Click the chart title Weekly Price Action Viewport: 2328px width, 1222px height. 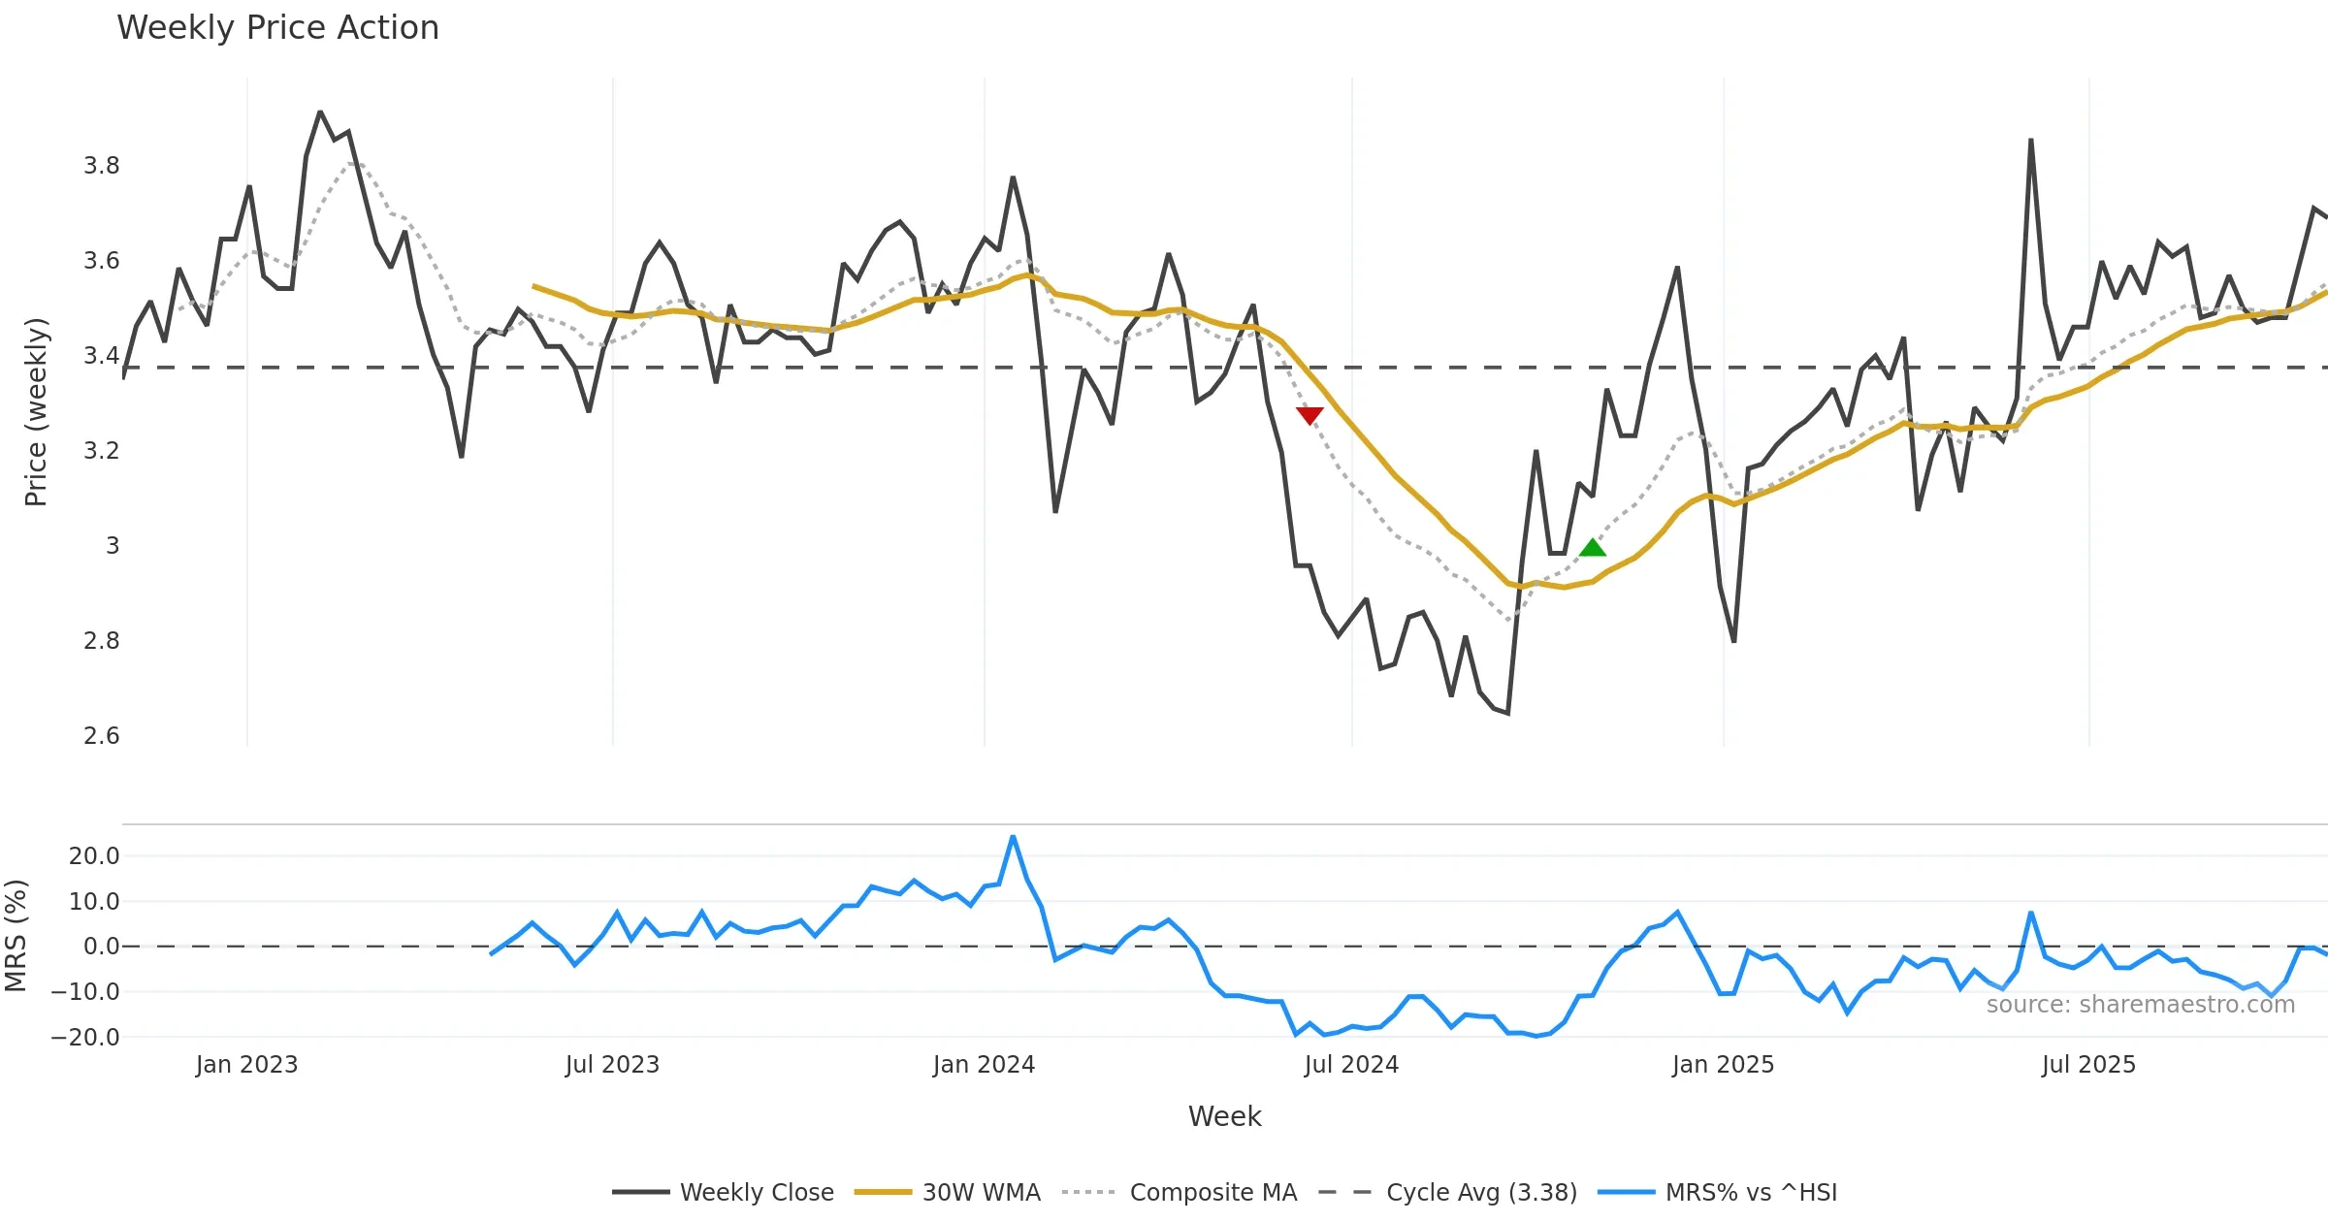pyautogui.click(x=277, y=28)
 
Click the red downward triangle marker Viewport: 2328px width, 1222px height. pyautogui.click(x=1309, y=415)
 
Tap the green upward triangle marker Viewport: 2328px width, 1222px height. pyautogui.click(x=1592, y=548)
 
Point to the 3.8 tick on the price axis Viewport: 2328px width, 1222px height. pyautogui.click(x=102, y=166)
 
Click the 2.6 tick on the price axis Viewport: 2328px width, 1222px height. pyautogui.click(x=102, y=736)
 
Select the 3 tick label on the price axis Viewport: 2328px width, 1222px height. pyautogui.click(x=113, y=546)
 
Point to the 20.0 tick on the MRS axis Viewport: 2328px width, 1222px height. pyautogui.click(x=94, y=856)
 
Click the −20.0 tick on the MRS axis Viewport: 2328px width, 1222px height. pyautogui.click(x=85, y=1037)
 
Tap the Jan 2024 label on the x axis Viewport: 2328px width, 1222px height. pyautogui.click(x=984, y=1065)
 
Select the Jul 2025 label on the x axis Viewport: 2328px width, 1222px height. pyautogui.click(x=2088, y=1065)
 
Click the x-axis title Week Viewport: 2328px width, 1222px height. pyautogui.click(x=1224, y=1116)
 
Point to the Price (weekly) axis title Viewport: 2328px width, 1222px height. pyautogui.click(x=36, y=411)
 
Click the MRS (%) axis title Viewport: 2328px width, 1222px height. pyautogui.click(x=16, y=935)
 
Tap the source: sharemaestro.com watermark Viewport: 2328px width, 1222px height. pyautogui.click(x=2140, y=1005)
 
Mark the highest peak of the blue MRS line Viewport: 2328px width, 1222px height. pyautogui.click(x=1013, y=836)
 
